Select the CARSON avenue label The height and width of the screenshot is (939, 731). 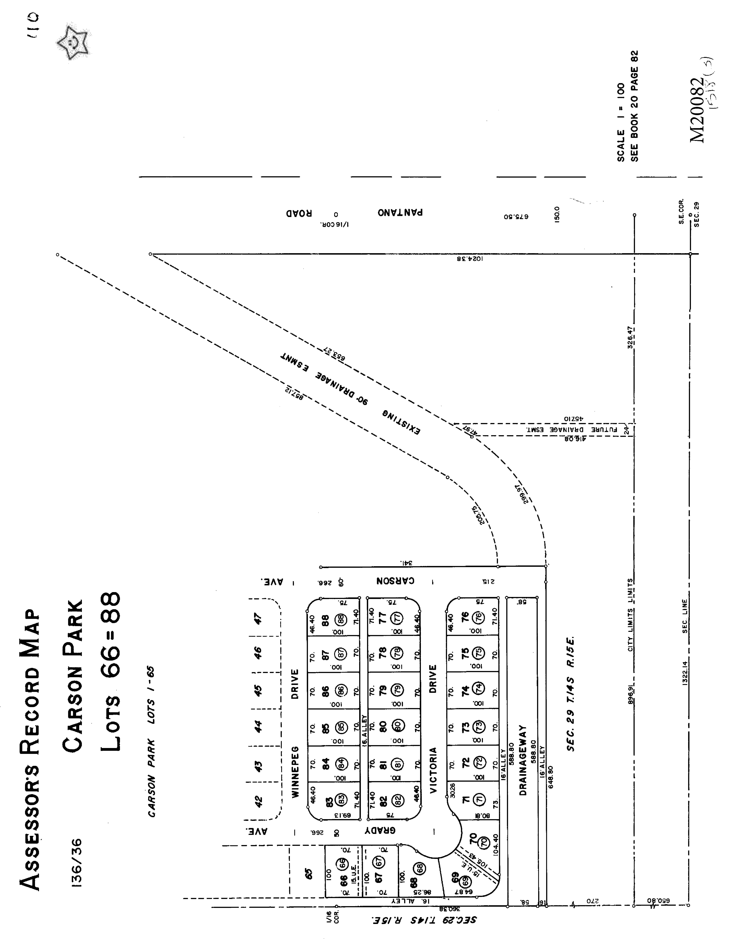[x=396, y=580]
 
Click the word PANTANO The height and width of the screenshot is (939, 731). [x=400, y=212]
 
